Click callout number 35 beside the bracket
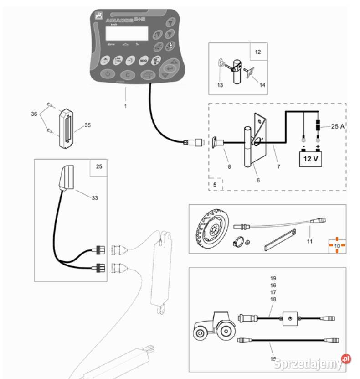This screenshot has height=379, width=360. coord(87,125)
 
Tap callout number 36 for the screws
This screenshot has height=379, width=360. coord(34,114)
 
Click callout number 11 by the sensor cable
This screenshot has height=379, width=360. coord(309,241)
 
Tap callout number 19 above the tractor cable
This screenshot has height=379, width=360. coord(273,278)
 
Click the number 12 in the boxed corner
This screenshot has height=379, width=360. coord(258,52)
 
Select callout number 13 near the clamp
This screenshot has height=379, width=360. coord(221,85)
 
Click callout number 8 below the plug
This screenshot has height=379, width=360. coord(229,166)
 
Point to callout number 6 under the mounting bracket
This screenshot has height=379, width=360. coord(258,181)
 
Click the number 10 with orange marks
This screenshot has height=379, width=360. coord(337,245)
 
